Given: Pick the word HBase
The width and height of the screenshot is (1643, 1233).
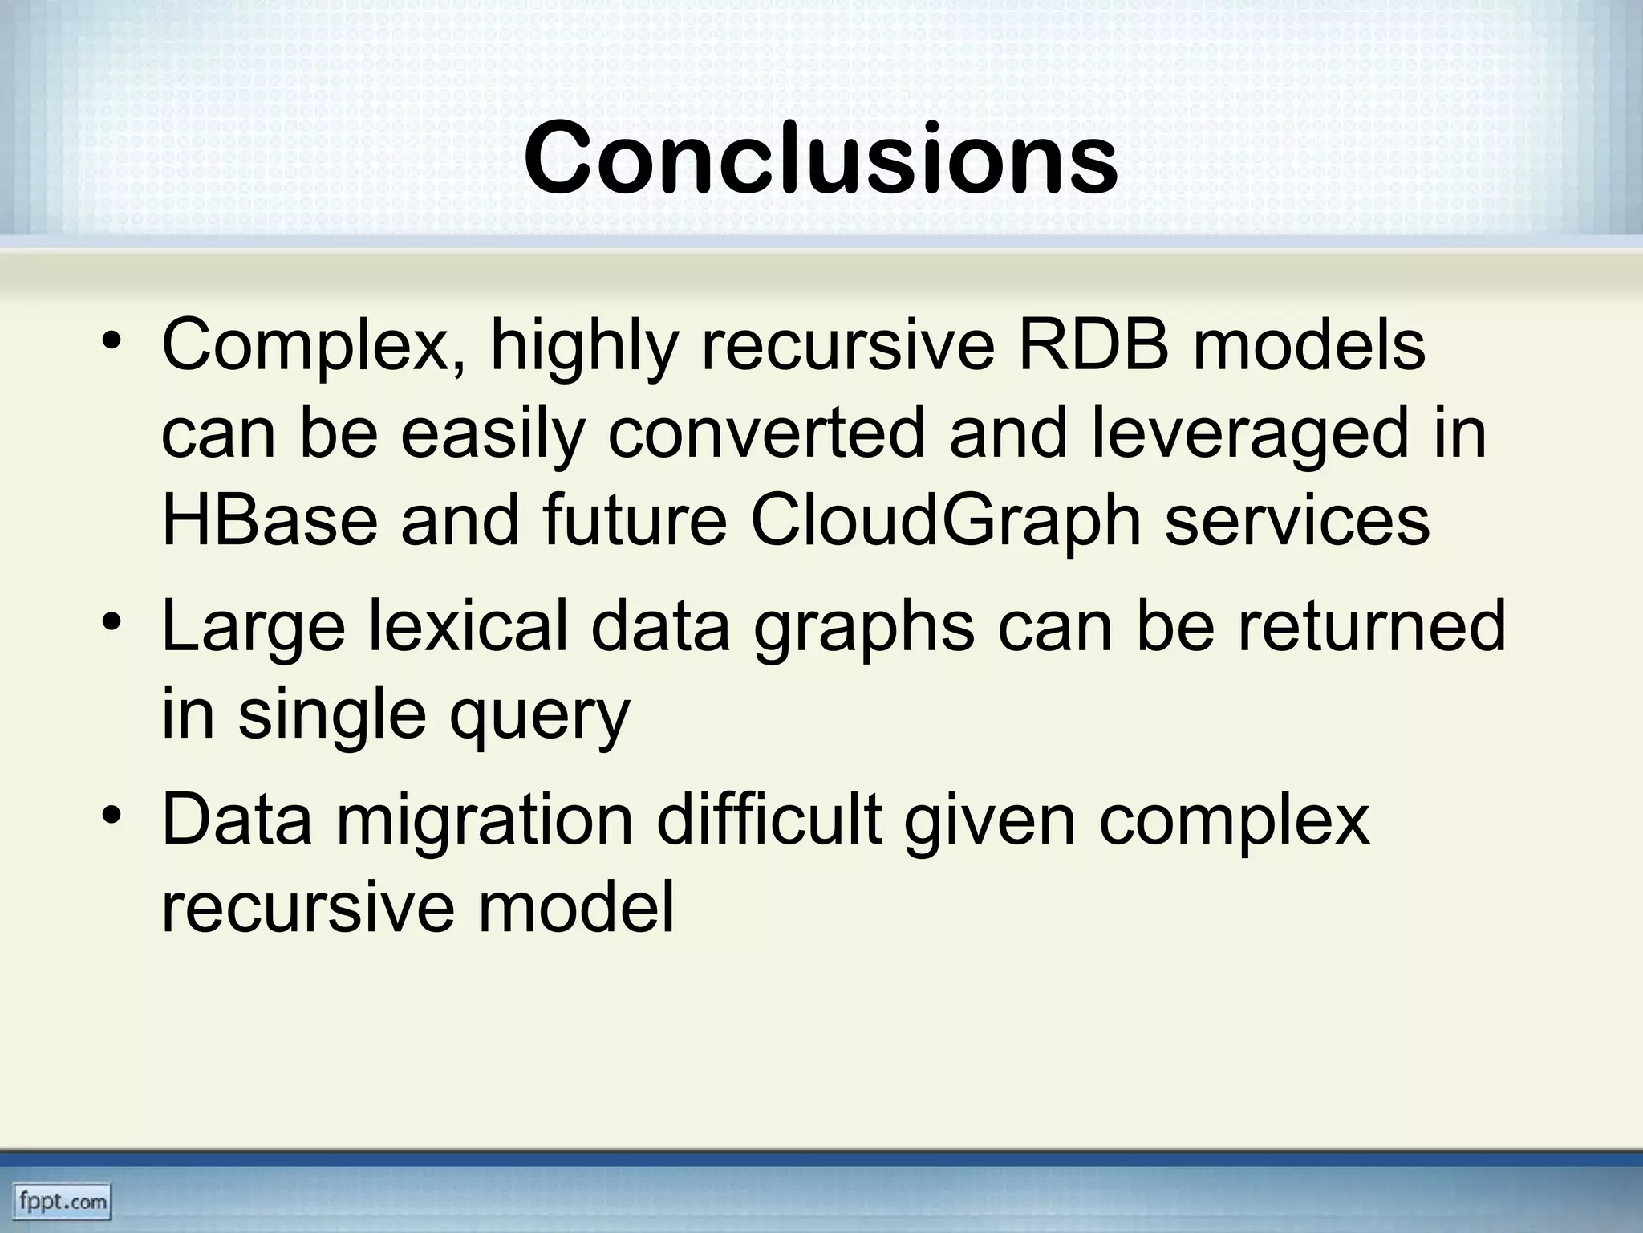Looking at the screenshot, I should click(270, 520).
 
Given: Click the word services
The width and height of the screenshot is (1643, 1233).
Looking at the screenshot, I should click(1297, 520).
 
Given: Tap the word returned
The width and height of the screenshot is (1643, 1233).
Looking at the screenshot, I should click(1372, 626).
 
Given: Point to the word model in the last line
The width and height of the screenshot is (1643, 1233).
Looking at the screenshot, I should click(576, 909).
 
